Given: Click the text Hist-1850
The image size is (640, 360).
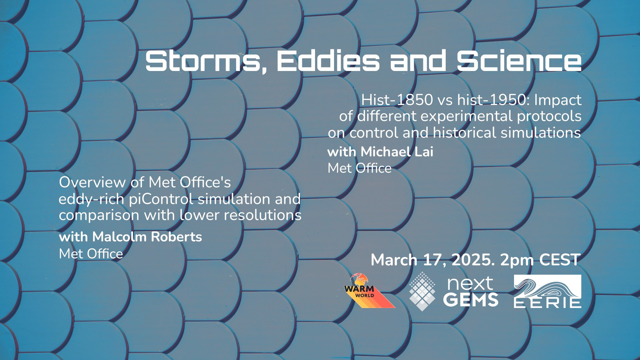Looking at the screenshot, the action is click(x=397, y=100).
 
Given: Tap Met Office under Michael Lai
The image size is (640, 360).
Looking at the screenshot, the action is click(x=360, y=168).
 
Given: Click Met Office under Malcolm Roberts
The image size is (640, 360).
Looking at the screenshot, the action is click(x=91, y=254).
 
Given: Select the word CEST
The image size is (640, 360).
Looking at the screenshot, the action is click(x=560, y=260).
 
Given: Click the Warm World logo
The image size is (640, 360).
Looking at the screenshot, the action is click(x=369, y=291).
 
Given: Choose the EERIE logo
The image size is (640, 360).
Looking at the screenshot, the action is click(x=547, y=291).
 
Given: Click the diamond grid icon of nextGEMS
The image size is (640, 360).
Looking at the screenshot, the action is click(x=422, y=291).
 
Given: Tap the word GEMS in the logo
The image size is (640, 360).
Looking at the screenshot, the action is click(x=471, y=300).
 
